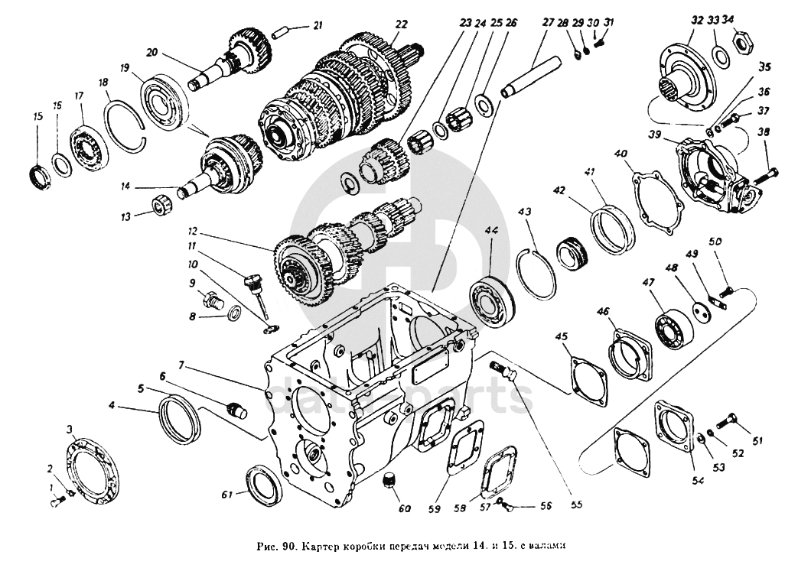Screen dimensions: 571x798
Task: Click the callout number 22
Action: [398, 24]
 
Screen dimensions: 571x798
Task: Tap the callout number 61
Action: [226, 495]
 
